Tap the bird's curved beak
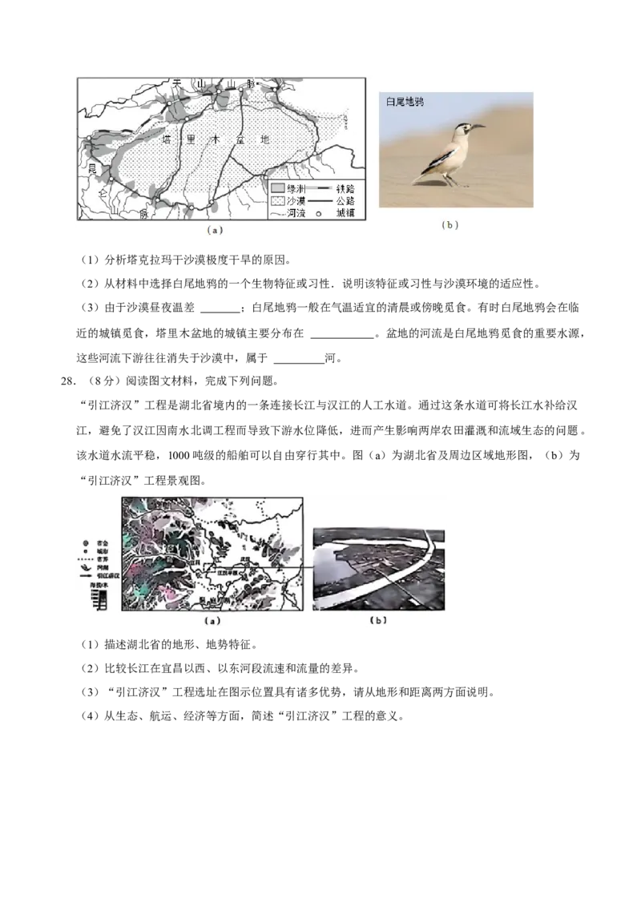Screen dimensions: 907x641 [477, 126]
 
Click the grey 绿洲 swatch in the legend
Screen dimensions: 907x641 [277, 187]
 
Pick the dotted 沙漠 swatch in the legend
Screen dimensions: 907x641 [277, 200]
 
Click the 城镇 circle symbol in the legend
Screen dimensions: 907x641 [316, 214]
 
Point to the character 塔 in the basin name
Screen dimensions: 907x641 [167, 139]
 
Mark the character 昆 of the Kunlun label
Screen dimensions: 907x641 [91, 168]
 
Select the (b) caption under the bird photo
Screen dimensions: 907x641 [450, 225]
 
